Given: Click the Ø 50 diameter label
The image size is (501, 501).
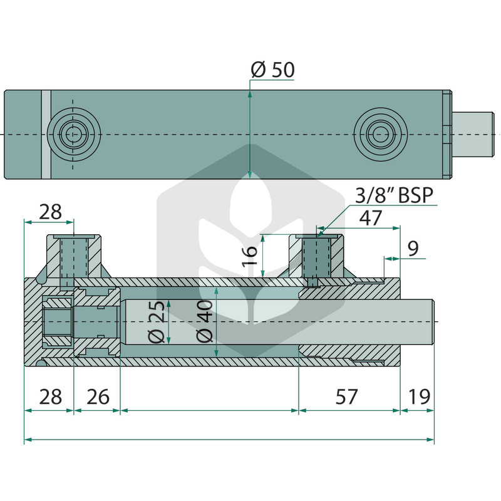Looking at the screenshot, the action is (272, 70).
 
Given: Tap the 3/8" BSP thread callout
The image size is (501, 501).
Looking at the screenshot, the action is (395, 195).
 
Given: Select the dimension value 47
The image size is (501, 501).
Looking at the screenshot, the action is (371, 218).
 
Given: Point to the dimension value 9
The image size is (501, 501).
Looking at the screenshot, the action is (413, 248).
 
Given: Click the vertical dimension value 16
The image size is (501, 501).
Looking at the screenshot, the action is (250, 256).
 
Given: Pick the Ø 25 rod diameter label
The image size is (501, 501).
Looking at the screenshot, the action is (157, 321).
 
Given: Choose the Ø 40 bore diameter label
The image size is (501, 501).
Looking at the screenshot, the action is (204, 321).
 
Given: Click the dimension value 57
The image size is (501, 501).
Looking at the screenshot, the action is (346, 396).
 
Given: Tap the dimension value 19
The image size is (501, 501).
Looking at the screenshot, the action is (419, 396).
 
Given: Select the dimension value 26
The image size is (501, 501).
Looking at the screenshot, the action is (98, 396).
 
